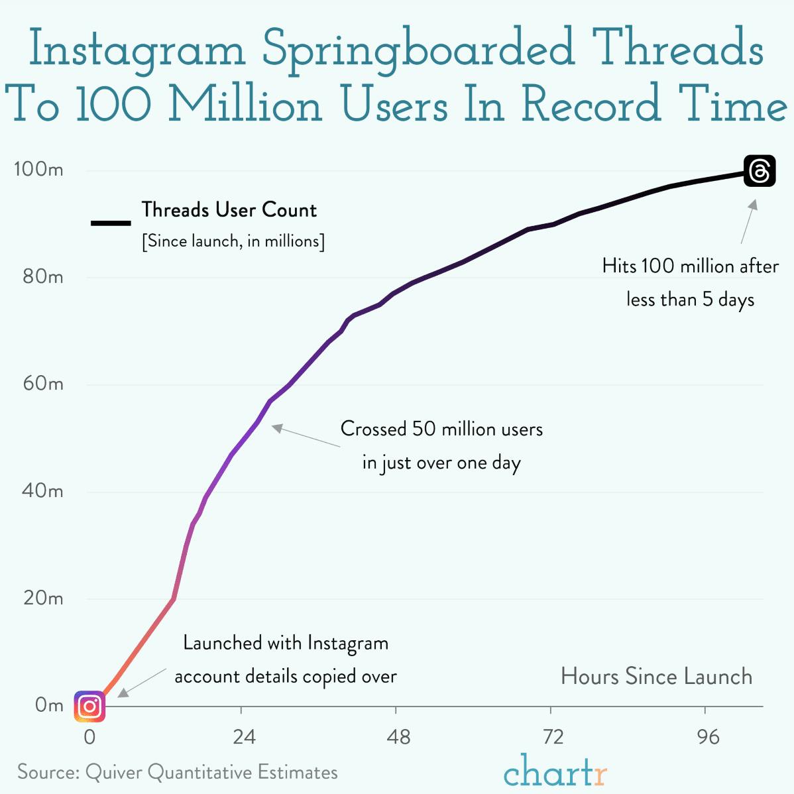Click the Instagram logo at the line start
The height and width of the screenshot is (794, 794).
tap(89, 707)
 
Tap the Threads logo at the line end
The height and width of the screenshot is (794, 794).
tap(760, 171)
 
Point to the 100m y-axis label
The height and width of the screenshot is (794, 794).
tap(38, 170)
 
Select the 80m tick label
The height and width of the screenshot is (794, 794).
tap(42, 277)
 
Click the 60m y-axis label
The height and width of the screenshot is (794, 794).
tap(42, 384)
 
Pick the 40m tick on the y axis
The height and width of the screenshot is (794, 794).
tap(42, 491)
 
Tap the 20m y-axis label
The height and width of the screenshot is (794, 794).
tap(42, 598)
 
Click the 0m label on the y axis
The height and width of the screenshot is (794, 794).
tap(49, 705)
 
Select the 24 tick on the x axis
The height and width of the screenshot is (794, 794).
tap(244, 737)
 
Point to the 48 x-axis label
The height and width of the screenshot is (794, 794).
tap(398, 737)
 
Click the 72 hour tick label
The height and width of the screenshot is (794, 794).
tap(553, 737)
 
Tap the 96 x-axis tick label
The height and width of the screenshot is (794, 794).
tap(708, 737)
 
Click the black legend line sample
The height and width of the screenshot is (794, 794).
tap(111, 223)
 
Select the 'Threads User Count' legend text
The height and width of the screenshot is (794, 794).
tap(229, 210)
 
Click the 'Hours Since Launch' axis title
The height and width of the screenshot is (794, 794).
tap(656, 677)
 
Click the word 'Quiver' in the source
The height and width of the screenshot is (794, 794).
tap(114, 773)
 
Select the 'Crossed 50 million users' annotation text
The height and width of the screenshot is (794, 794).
tap(441, 429)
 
